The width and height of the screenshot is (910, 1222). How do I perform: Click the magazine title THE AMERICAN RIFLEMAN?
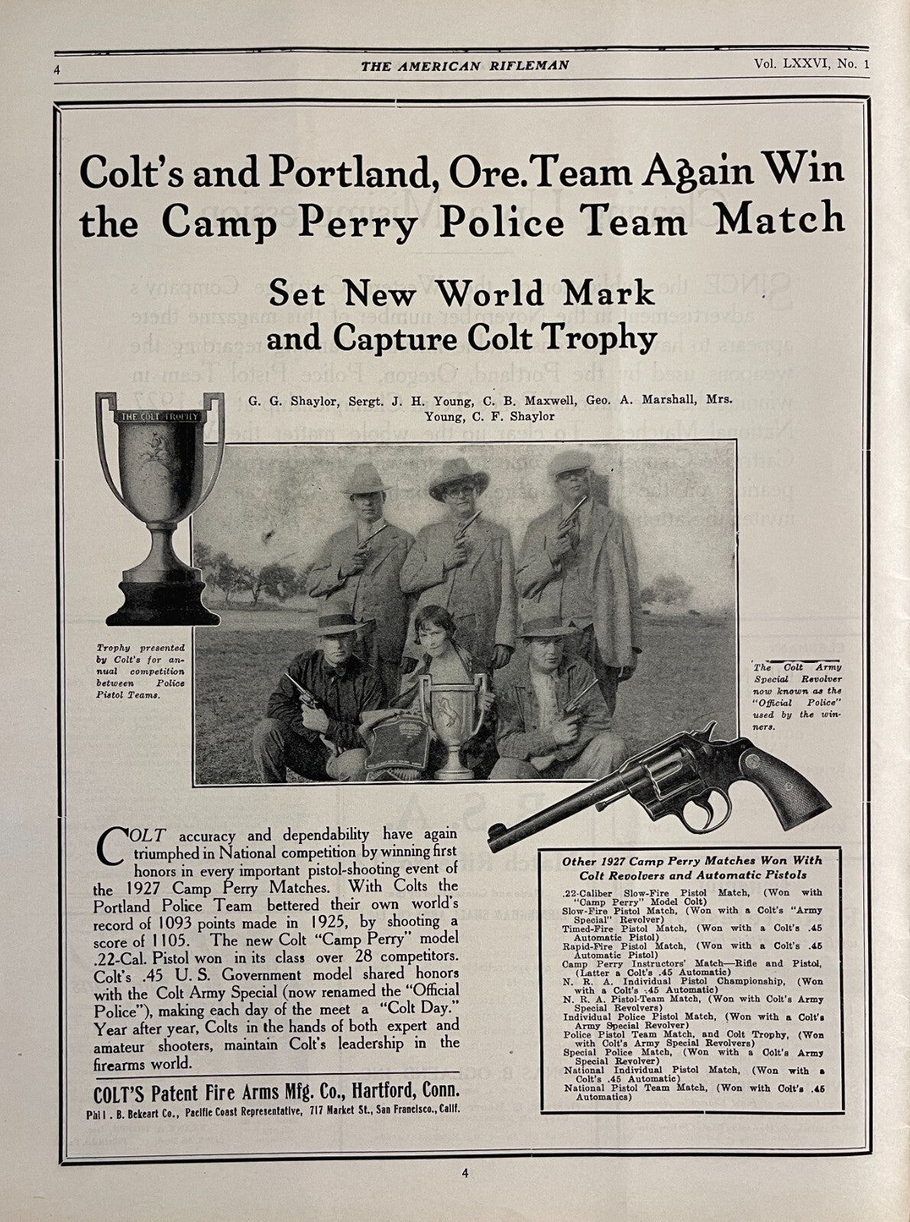coord(465,66)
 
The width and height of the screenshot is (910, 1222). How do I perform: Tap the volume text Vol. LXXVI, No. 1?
coord(809,65)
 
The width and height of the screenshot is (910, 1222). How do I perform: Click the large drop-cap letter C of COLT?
coord(112,846)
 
